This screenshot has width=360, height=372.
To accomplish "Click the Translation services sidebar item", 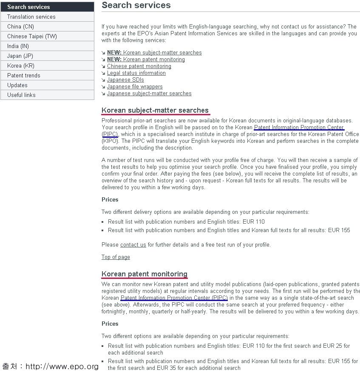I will (31, 17).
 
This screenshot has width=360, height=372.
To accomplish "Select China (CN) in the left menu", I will (20, 26).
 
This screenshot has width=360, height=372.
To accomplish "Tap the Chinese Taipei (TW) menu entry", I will (32, 36).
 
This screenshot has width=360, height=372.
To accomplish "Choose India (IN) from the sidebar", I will (18, 46).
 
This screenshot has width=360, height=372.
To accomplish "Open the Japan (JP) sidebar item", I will (20, 56).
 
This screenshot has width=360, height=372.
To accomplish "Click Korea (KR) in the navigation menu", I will (20, 65).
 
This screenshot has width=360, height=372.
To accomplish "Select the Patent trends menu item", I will (24, 75).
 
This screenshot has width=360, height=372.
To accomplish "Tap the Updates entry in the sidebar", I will (17, 85).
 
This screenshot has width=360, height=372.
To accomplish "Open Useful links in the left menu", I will (21, 95).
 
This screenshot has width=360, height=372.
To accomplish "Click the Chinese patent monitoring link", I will (139, 66).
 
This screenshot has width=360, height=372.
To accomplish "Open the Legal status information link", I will (136, 73).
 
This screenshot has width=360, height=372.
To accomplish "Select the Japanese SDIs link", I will (125, 80).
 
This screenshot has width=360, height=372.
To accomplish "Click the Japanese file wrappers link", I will (135, 87).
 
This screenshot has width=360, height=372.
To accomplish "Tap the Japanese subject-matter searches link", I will (149, 94).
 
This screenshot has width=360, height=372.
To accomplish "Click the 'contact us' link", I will (133, 245).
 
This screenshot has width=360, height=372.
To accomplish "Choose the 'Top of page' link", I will (116, 257).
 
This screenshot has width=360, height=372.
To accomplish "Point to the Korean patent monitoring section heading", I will (145, 274).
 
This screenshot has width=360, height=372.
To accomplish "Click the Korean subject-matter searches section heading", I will (155, 111).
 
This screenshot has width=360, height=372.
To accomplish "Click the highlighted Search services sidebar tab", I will (28, 7).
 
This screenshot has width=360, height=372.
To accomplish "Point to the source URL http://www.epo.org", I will (62, 366).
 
